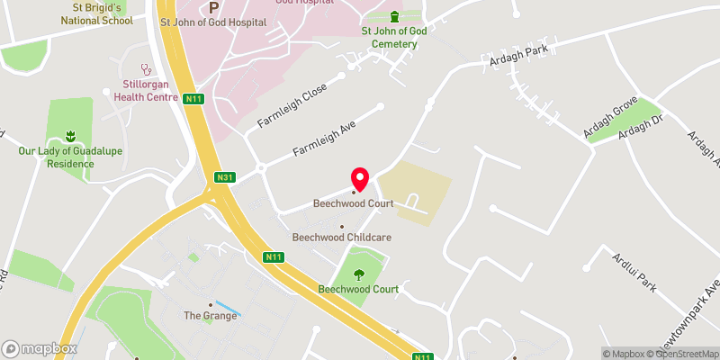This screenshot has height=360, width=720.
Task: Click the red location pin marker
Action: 360,179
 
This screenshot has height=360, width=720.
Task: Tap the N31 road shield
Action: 225,178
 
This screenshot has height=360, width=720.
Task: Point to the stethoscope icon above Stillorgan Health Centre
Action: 144,67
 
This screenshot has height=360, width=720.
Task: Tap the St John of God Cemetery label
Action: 389,37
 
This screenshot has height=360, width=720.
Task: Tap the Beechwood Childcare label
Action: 341,238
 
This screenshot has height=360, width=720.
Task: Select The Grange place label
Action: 210,315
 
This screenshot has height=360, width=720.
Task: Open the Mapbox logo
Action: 40,348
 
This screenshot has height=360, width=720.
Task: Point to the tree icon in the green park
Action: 359,274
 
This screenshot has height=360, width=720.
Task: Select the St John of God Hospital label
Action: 212,22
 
